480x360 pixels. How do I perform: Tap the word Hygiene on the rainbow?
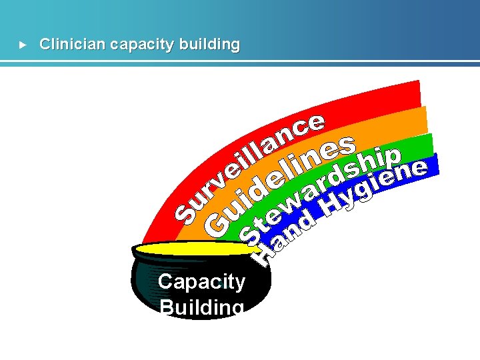pyautogui.click(x=373, y=187)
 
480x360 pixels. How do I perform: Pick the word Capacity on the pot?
pyautogui.click(x=201, y=281)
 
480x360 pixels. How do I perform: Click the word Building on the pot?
pyautogui.click(x=201, y=307)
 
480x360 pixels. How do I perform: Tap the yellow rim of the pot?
pyautogui.click(x=193, y=249)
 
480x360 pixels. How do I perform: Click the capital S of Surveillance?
pyautogui.click(x=186, y=210)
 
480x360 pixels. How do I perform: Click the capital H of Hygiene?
pyautogui.click(x=331, y=209)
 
